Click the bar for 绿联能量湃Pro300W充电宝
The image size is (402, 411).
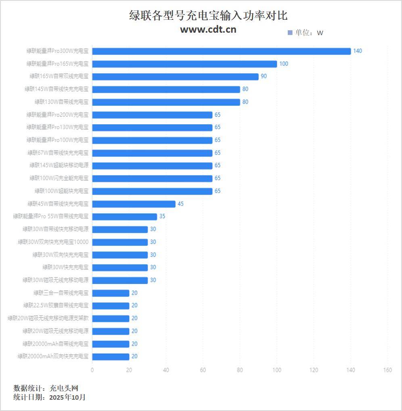pyautogui.click(x=221, y=51)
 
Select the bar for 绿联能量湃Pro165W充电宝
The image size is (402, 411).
pyautogui.click(x=184, y=64)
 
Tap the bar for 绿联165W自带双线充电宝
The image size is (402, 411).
pyautogui.click(x=175, y=77)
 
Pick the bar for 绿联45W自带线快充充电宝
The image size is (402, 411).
pyautogui.click(x=134, y=204)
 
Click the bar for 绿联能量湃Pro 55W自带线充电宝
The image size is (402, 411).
pyautogui.click(x=124, y=217)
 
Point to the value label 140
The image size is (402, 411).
pyautogui.click(x=358, y=51)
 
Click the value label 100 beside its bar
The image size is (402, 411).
pyautogui.click(x=284, y=64)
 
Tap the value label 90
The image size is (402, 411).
pyautogui.click(x=264, y=76)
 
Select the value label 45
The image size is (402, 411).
pyautogui.click(x=180, y=204)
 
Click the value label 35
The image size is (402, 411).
pyautogui.click(x=162, y=216)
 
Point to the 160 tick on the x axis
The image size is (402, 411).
pyautogui.click(x=387, y=370)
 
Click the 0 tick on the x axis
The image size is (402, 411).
pyautogui.click(x=92, y=370)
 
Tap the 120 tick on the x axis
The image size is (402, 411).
pyautogui.click(x=314, y=370)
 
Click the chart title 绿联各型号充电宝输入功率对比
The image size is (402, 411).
pyautogui.click(x=208, y=16)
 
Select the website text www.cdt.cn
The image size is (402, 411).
pyautogui.click(x=208, y=29)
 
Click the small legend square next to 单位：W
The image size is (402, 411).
pyautogui.click(x=290, y=33)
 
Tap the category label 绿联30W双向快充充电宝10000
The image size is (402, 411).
pyautogui.click(x=53, y=242)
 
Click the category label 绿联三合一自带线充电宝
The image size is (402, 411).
pyautogui.click(x=61, y=293)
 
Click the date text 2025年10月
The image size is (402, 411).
pyautogui.click(x=67, y=397)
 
